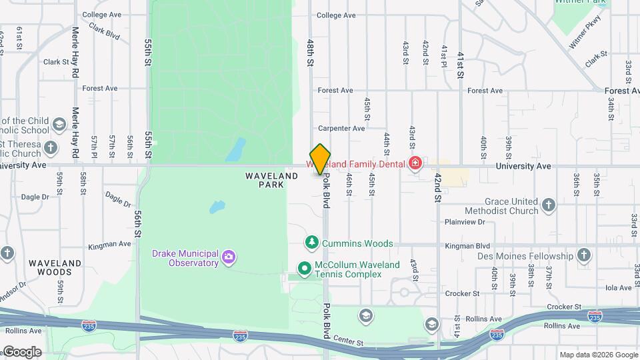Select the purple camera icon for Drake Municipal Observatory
229,257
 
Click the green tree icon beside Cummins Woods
311,243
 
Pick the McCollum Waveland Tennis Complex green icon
305,269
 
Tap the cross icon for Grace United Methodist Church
548,205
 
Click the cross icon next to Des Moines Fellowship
583,255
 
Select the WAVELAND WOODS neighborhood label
55,267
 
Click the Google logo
21,351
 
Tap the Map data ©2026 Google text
598,355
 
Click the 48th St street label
310,52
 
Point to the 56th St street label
137,223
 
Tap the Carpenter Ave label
341,128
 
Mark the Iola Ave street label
618,288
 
